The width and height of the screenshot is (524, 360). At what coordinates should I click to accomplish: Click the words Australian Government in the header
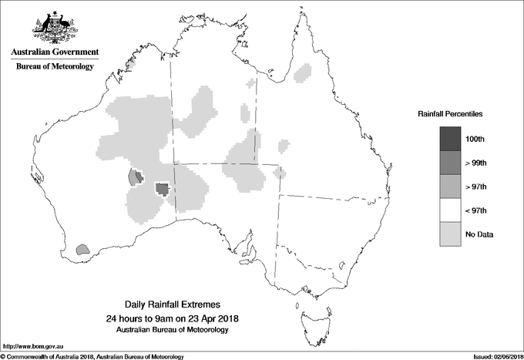coord(55,52)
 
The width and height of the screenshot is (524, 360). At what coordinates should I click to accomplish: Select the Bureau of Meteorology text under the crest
coord(55,66)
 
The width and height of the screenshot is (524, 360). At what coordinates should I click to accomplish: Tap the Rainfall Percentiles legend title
coord(450,113)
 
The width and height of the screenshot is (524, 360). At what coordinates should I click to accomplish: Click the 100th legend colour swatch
coord(451,138)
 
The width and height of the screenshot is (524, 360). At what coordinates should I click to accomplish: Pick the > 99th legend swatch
coord(451,162)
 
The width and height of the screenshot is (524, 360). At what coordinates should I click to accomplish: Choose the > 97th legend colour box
coord(451,186)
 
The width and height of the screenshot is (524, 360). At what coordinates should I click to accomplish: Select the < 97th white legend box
coord(451,210)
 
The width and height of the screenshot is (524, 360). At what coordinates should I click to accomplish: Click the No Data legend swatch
coord(451,234)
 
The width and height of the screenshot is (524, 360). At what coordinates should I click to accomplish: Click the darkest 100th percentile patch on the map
coord(162,188)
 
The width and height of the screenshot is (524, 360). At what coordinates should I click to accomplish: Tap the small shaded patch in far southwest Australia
coord(83,249)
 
